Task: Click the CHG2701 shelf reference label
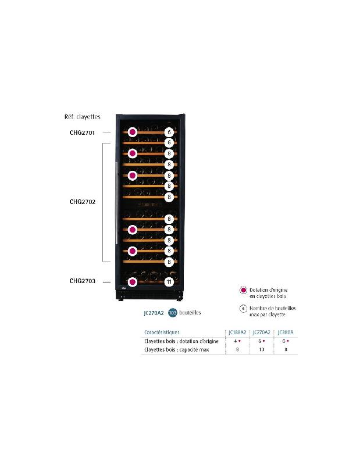click(82, 133)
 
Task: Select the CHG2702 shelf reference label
click(82, 202)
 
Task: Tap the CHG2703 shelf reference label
click(82, 281)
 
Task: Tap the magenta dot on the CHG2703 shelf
click(133, 282)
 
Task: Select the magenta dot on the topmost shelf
click(133, 133)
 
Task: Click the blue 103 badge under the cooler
click(172, 312)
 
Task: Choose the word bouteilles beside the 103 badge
click(190, 313)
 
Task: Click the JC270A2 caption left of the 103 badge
click(153, 313)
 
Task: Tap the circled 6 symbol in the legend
click(243, 309)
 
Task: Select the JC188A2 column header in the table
click(237, 332)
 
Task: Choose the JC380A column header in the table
click(286, 332)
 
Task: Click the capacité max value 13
click(261, 350)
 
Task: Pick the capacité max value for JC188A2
click(236, 350)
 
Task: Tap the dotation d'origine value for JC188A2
click(236, 341)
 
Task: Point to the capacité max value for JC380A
click(286, 350)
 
